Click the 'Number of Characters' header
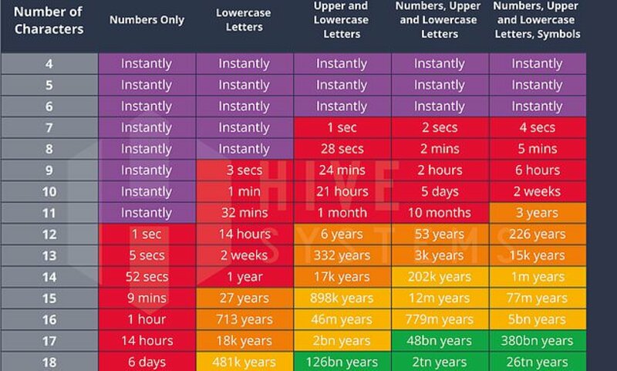click(x=49, y=21)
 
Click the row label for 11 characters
click(x=49, y=213)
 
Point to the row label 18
click(x=49, y=362)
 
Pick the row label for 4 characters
click(x=49, y=64)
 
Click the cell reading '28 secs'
click(x=342, y=149)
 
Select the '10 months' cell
click(x=440, y=213)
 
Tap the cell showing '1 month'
click(x=342, y=213)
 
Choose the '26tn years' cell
click(x=538, y=362)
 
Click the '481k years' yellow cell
click(x=244, y=362)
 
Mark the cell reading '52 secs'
click(x=147, y=277)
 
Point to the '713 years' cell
click(x=244, y=319)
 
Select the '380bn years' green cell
click(x=538, y=340)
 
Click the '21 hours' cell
click(x=342, y=191)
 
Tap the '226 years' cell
click(x=538, y=234)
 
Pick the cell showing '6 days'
click(x=147, y=362)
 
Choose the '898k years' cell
click(x=342, y=298)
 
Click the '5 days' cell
click(x=440, y=191)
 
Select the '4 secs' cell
click(x=538, y=128)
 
